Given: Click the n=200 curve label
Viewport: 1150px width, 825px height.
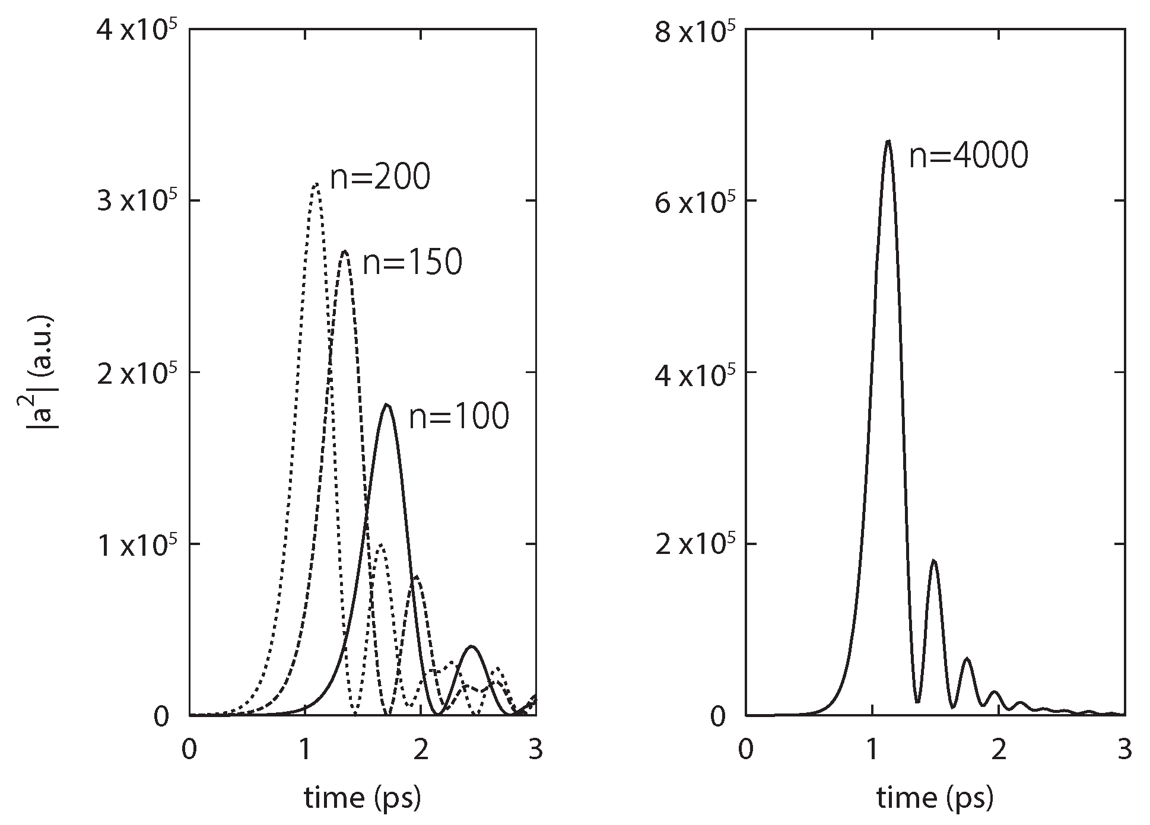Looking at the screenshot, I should pos(380,177).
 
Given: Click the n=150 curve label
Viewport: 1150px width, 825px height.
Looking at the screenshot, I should pos(412,263).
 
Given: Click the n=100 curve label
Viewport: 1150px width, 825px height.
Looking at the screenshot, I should pos(459,417).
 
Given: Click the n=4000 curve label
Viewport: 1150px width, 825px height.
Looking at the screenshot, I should pos(968,157).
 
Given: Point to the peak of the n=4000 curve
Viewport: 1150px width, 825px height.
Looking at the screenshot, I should pos(888,141).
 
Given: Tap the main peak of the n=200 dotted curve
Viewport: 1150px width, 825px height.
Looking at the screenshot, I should pos(316,184).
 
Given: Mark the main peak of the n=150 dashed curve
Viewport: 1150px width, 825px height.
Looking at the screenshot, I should pos(345,251).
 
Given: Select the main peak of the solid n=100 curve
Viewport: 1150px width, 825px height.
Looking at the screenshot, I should pos(387,404).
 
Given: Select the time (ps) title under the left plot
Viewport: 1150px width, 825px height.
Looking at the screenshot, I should pos(363,798).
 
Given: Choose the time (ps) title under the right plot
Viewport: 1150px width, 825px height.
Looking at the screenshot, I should pos(935,798).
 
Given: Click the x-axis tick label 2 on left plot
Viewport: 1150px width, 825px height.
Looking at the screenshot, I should pos(421,750).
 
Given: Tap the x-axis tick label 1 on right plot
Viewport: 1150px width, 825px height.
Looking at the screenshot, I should pos(872,750).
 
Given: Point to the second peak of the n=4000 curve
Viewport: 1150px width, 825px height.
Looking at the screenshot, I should pos(935,560).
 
